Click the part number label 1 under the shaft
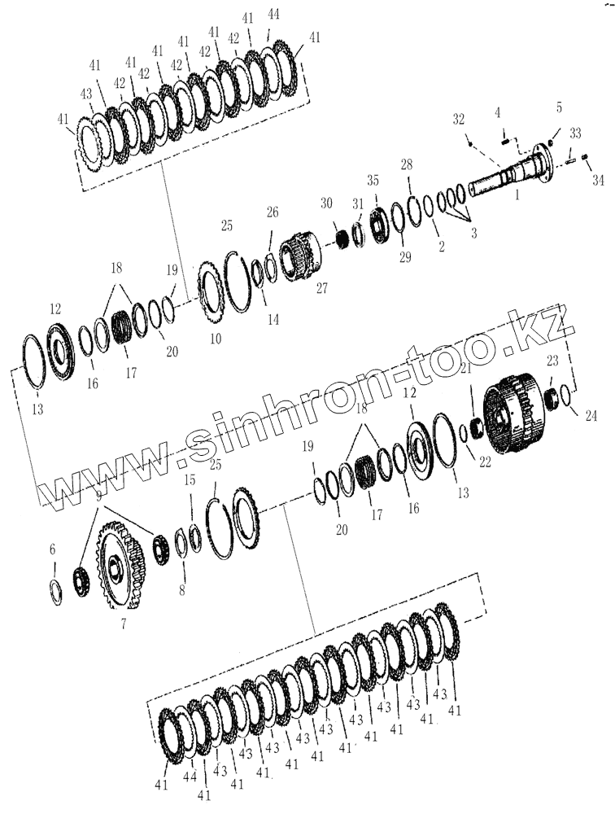517,195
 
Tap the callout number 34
598,180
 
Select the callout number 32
458,119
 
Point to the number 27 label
322,288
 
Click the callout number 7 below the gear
123,623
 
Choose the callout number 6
52,549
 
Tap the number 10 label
216,339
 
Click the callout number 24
591,415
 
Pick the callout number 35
373,180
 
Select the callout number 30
326,203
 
